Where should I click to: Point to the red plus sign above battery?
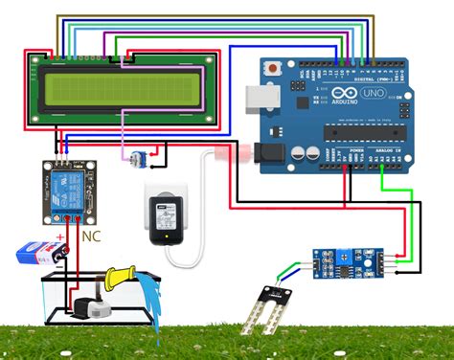click(x=60, y=236)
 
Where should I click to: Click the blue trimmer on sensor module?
click(x=340, y=255)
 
